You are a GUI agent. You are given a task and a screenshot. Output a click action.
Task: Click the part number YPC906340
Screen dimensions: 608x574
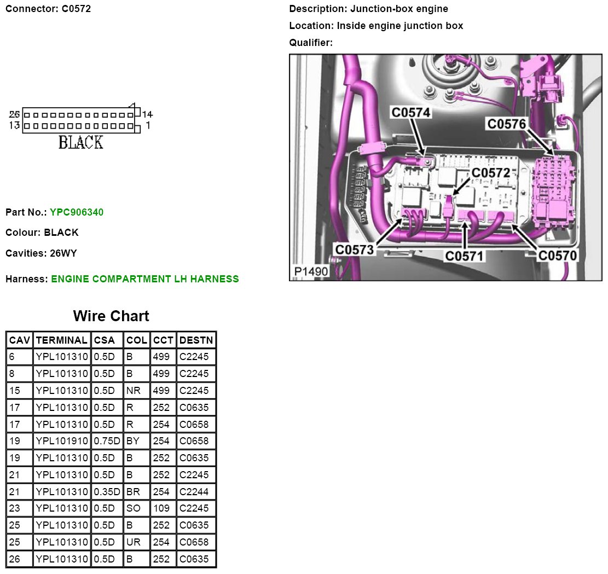tap(77, 212)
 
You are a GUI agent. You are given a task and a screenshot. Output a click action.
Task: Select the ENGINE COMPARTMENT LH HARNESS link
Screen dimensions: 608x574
tap(145, 279)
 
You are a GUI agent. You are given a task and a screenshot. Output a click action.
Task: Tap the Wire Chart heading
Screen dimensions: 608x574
tap(111, 316)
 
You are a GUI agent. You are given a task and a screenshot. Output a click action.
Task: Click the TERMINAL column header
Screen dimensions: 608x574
tap(62, 340)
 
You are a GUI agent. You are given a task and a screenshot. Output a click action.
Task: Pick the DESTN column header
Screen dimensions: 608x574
tap(196, 340)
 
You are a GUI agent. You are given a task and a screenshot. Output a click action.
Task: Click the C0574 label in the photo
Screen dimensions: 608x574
tap(410, 112)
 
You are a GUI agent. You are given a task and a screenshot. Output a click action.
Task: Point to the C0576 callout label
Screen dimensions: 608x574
tap(506, 124)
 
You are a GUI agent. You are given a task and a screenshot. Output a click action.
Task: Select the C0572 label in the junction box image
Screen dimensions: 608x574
tap(490, 172)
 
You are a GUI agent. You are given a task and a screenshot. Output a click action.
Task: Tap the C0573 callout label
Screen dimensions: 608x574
tap(355, 250)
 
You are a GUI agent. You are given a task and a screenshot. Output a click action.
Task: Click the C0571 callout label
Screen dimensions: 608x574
tap(464, 256)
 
